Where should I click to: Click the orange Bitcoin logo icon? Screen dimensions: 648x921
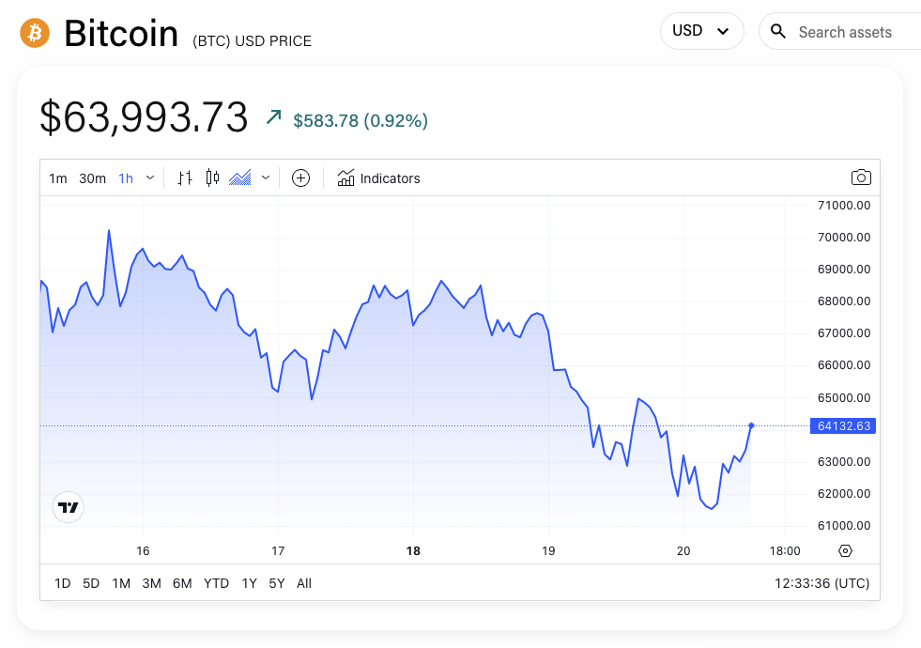click(x=35, y=33)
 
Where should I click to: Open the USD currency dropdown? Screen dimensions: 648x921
click(x=701, y=31)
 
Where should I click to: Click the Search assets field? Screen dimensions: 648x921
click(x=845, y=32)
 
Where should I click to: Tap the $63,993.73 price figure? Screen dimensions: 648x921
click(x=144, y=117)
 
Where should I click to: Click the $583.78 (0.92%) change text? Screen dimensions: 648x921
click(x=361, y=120)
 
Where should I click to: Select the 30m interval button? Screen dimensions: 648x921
click(x=92, y=178)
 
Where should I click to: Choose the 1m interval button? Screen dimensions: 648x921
click(x=58, y=178)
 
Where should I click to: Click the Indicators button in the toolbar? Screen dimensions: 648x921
click(x=378, y=177)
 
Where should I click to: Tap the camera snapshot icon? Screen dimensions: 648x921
click(x=860, y=177)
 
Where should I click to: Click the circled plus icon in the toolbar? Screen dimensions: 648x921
click(x=300, y=177)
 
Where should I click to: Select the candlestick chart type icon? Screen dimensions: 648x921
click(x=212, y=177)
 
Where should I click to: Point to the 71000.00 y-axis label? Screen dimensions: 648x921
click(x=844, y=205)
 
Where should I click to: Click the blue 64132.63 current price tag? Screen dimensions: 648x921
click(x=844, y=425)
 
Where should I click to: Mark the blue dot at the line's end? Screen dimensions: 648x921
click(x=751, y=425)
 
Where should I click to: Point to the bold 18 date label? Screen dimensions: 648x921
click(x=413, y=551)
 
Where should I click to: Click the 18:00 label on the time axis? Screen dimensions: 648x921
click(x=785, y=551)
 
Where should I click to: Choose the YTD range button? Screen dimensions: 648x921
click(x=216, y=583)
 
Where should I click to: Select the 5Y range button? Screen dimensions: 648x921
click(x=276, y=583)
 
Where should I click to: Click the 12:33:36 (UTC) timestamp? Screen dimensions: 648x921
click(x=821, y=583)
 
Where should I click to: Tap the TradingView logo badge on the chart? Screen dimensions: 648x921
click(x=69, y=507)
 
